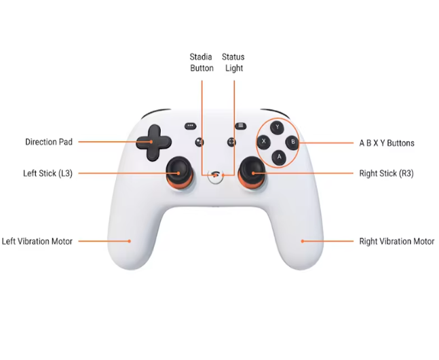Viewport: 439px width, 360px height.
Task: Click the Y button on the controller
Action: (x=278, y=127)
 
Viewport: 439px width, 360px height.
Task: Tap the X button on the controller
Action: (x=264, y=141)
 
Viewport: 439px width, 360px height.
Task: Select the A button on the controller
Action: (x=279, y=158)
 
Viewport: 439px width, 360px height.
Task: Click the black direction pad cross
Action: (x=154, y=143)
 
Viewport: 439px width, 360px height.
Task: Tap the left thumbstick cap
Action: (x=179, y=170)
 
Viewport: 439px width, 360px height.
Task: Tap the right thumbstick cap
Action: (x=252, y=169)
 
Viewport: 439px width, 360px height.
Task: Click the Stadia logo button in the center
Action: (x=215, y=176)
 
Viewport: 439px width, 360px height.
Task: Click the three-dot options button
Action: (x=191, y=126)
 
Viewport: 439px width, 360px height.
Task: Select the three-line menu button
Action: (x=240, y=126)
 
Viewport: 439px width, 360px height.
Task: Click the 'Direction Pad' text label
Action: (x=49, y=142)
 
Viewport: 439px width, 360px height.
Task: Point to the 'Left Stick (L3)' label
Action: (x=48, y=174)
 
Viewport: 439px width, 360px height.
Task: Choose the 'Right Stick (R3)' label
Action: (x=386, y=174)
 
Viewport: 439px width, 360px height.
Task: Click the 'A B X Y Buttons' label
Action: (x=387, y=143)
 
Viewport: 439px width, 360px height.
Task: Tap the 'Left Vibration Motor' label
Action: (x=37, y=241)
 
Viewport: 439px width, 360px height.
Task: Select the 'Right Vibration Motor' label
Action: (x=397, y=241)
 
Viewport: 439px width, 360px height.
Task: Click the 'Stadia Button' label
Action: (x=202, y=62)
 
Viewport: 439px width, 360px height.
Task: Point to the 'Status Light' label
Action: (x=233, y=62)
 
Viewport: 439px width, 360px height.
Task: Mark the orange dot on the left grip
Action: (x=130, y=241)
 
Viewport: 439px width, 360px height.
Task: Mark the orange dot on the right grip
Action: (x=303, y=241)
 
